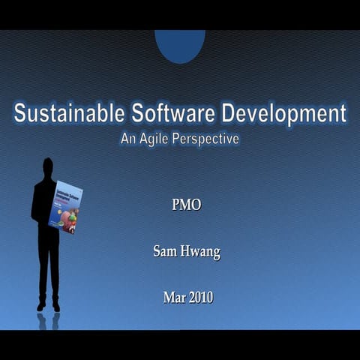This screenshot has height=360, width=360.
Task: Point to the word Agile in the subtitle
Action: (x=156, y=139)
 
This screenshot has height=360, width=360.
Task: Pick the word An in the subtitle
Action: (x=129, y=139)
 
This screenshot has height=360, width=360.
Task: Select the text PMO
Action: (x=187, y=205)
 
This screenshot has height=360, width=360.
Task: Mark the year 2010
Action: (x=200, y=298)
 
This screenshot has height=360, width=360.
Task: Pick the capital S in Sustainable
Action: (x=20, y=114)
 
